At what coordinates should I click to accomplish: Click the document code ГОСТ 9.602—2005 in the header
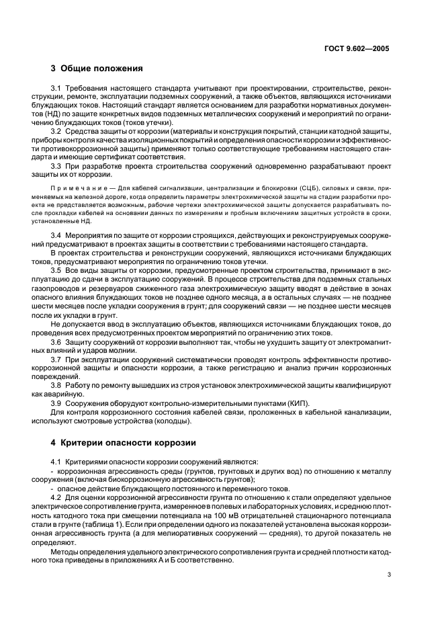click(356, 49)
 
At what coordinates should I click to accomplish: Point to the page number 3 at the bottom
click(389, 574)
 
